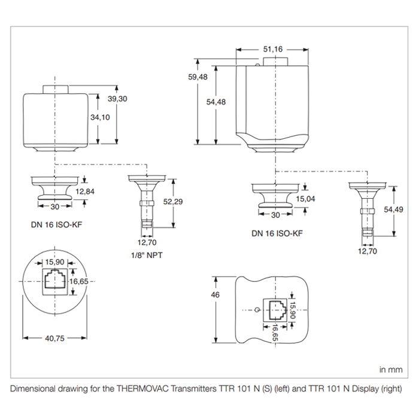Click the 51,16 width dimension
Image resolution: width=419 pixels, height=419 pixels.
[272, 49]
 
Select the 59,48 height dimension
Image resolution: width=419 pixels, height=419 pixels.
[198, 77]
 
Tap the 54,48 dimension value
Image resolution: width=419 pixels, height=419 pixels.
[216, 102]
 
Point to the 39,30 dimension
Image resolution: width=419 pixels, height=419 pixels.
[117, 99]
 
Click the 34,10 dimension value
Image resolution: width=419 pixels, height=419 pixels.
[100, 117]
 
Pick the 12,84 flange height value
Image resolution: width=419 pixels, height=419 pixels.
[85, 192]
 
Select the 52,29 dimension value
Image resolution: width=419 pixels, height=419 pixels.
[173, 202]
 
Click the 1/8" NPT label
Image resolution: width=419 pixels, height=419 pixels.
[147, 255]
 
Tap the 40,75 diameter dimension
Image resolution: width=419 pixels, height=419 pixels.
[55, 338]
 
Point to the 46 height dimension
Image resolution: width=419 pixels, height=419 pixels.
[215, 294]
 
